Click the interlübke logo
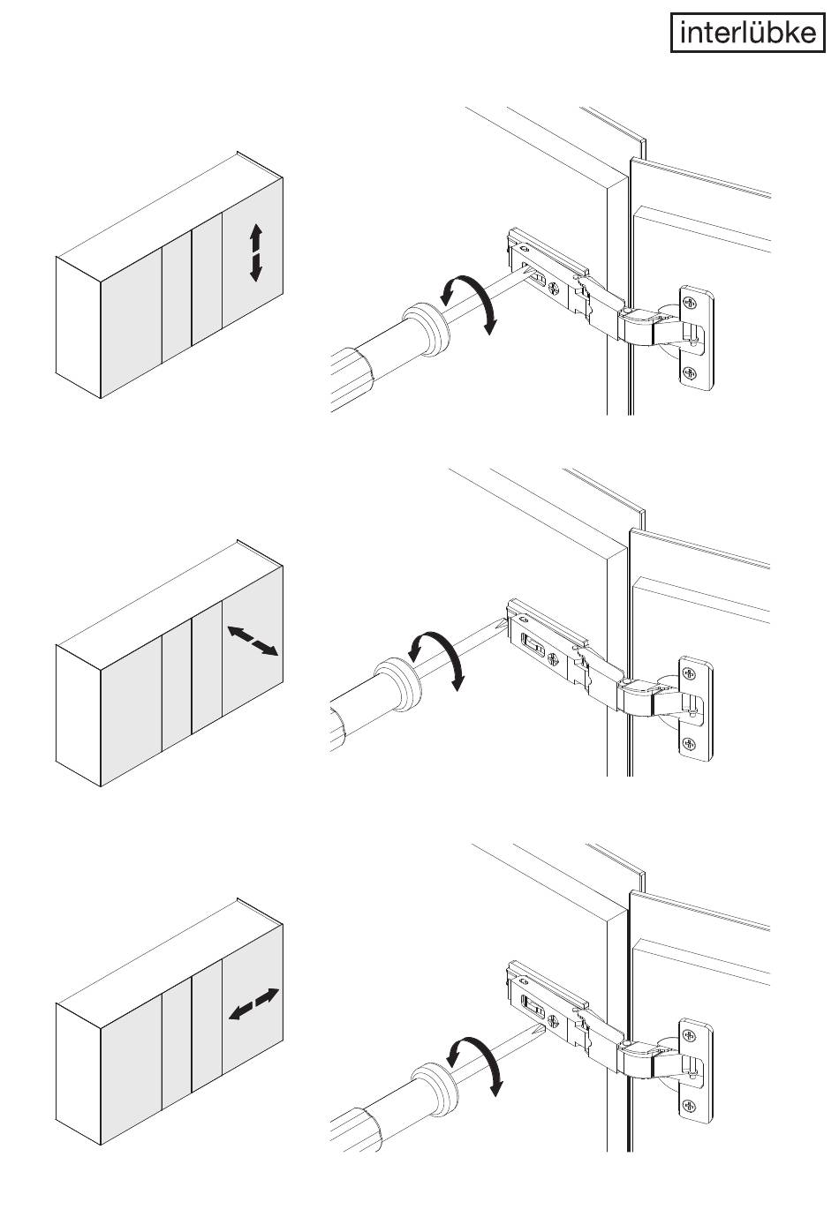pyautogui.click(x=747, y=33)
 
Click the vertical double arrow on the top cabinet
pyautogui.click(x=256, y=252)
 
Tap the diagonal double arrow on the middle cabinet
pyautogui.click(x=253, y=641)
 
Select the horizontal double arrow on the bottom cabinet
pyautogui.click(x=253, y=1004)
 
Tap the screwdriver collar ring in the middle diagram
pyautogui.click(x=397, y=685)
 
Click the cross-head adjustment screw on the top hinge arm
pyautogui.click(x=554, y=287)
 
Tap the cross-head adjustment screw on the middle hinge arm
pyautogui.click(x=554, y=657)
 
